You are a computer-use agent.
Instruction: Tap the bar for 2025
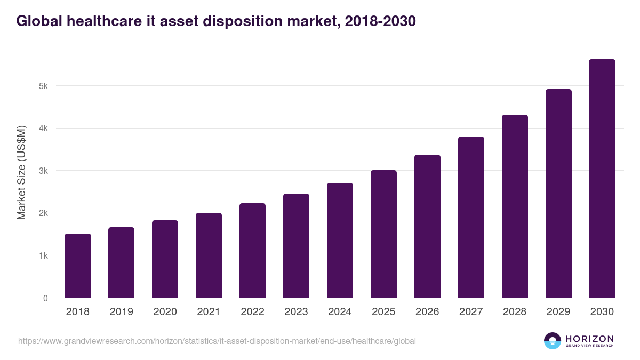coord(383,234)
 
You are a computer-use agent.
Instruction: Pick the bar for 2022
coord(252,251)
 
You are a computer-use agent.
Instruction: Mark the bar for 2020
coord(165,259)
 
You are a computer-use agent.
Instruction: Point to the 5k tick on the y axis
coord(43,86)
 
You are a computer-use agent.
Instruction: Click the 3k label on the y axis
coord(43,171)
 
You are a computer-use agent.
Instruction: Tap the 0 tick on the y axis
coord(45,298)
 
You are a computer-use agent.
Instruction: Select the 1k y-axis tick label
coord(43,255)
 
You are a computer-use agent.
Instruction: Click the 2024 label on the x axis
coord(340,312)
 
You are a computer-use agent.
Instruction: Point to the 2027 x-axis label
coord(471,312)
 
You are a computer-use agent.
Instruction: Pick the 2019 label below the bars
coord(121,312)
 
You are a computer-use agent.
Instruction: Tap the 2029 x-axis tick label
coord(558,312)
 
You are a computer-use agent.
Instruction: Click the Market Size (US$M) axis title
coord(21,172)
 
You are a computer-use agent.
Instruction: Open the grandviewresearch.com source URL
coord(217,341)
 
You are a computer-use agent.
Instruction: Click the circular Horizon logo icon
coord(553,341)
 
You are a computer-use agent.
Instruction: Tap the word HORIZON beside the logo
coord(589,339)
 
